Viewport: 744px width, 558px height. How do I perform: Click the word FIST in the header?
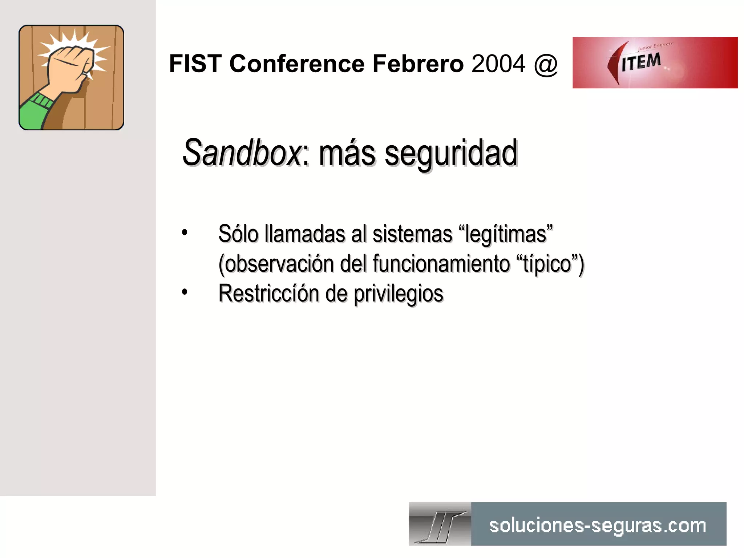(195, 64)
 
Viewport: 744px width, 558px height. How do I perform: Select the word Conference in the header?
(297, 64)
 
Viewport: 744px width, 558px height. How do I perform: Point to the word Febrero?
(418, 64)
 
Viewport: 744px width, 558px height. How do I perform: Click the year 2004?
(498, 64)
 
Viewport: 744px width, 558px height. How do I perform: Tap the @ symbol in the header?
(546, 64)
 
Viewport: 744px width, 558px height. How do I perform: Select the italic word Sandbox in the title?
(242, 153)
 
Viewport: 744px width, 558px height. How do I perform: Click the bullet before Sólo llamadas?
(185, 232)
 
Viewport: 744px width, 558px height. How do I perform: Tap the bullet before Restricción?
(185, 292)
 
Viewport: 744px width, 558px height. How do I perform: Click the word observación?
(276, 264)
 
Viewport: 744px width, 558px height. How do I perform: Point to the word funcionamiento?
(441, 264)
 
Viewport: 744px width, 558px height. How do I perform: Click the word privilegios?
(399, 294)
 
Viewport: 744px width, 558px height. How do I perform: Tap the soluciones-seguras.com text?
(598, 526)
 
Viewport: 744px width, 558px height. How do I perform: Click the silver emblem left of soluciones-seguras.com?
(440, 524)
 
